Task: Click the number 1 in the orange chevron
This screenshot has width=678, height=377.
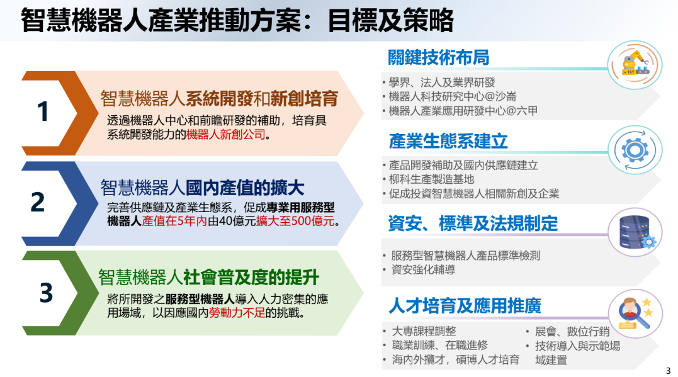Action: [43, 111]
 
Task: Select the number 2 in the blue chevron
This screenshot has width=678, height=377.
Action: [38, 202]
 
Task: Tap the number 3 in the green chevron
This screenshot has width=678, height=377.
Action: [46, 293]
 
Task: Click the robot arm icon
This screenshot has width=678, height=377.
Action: [635, 64]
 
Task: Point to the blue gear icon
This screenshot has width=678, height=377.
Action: [635, 150]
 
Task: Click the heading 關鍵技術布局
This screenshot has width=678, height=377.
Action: [438, 57]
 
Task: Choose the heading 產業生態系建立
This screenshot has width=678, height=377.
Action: [448, 141]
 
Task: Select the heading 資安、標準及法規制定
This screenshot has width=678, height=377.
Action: [473, 223]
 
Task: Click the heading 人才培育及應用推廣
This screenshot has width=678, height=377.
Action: [465, 306]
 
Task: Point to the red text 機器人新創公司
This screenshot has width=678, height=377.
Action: [226, 135]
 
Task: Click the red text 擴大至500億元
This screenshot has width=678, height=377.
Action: [295, 221]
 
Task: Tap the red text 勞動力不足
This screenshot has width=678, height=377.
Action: [237, 313]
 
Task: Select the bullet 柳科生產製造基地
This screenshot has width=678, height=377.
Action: [431, 179]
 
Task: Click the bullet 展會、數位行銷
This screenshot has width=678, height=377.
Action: [572, 332]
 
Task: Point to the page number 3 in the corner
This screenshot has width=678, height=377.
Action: [669, 371]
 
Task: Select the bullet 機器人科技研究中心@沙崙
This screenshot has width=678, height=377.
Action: [452, 96]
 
